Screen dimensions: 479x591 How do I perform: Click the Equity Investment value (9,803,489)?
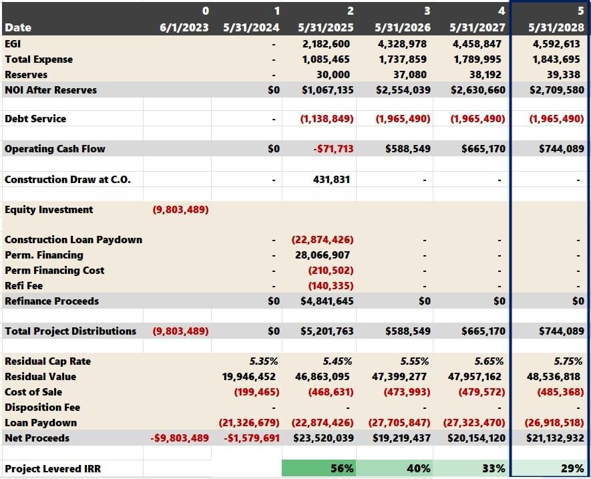pyautogui.click(x=180, y=210)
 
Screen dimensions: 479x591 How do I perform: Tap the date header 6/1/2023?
pyautogui.click(x=184, y=28)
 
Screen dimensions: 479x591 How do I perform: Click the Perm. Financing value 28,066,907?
pyautogui.click(x=323, y=255)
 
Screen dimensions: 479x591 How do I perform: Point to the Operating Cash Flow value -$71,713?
pyautogui.click(x=333, y=149)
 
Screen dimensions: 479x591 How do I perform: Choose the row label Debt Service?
pyautogui.click(x=35, y=119)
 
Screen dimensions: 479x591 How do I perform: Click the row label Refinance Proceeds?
pyautogui.click(x=51, y=301)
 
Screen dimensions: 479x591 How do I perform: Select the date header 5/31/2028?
pyautogui.click(x=556, y=28)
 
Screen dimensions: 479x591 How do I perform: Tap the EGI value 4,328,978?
pyautogui.click(x=403, y=44)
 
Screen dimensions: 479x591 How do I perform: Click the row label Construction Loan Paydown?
pyautogui.click(x=73, y=240)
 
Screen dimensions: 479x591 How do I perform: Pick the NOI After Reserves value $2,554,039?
pyautogui.click(x=399, y=90)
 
